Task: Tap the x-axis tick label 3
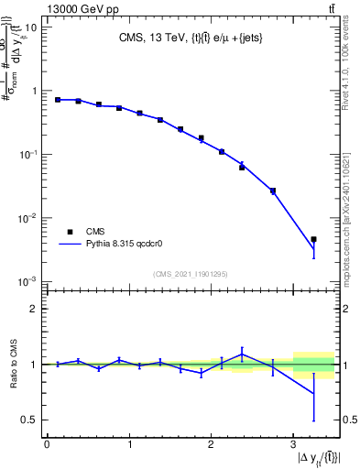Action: [292, 445]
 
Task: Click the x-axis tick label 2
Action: [211, 445]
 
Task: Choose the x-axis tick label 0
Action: [47, 445]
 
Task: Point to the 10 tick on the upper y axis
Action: [31, 27]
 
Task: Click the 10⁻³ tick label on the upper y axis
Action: [28, 281]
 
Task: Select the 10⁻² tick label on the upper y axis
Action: [28, 218]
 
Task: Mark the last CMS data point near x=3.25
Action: [313, 239]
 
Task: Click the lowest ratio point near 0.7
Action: [313, 394]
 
